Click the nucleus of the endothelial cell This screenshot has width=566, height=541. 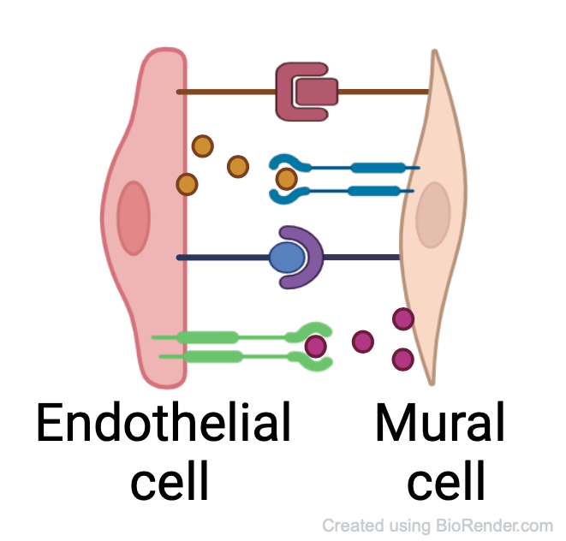pos(134,217)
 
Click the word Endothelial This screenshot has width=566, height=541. pos(163,424)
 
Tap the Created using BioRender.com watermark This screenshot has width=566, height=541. pos(438,526)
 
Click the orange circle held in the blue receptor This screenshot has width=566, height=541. pos(287,179)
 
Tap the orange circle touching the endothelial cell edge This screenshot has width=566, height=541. pos(187,183)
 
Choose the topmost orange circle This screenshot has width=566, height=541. pos(202,146)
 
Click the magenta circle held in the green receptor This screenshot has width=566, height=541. pos(316,346)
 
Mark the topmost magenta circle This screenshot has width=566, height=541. pos(403,319)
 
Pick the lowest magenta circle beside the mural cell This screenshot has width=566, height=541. pos(402,360)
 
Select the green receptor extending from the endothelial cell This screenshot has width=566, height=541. pos(223,338)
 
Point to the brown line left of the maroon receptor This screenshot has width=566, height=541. pos(226,92)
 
